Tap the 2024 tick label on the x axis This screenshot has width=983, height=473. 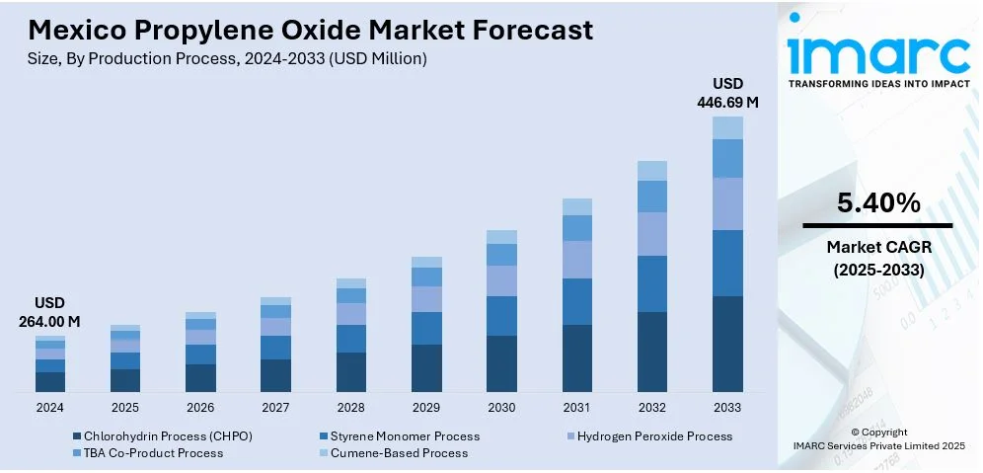coord(49,407)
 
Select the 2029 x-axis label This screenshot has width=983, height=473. coord(426,407)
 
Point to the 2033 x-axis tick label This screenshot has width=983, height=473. coord(727,407)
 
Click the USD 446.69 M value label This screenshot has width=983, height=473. coord(727,92)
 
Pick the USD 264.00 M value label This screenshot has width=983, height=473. coord(49,312)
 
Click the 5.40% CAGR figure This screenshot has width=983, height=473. coord(878,203)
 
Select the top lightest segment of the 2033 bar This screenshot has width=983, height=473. coord(727,127)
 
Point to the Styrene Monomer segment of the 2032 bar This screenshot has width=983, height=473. coord(652,283)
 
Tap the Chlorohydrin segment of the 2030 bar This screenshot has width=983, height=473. coord(501,362)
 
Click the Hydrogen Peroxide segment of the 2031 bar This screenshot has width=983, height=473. coord(577,260)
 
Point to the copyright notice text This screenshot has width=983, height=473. coord(878,438)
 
